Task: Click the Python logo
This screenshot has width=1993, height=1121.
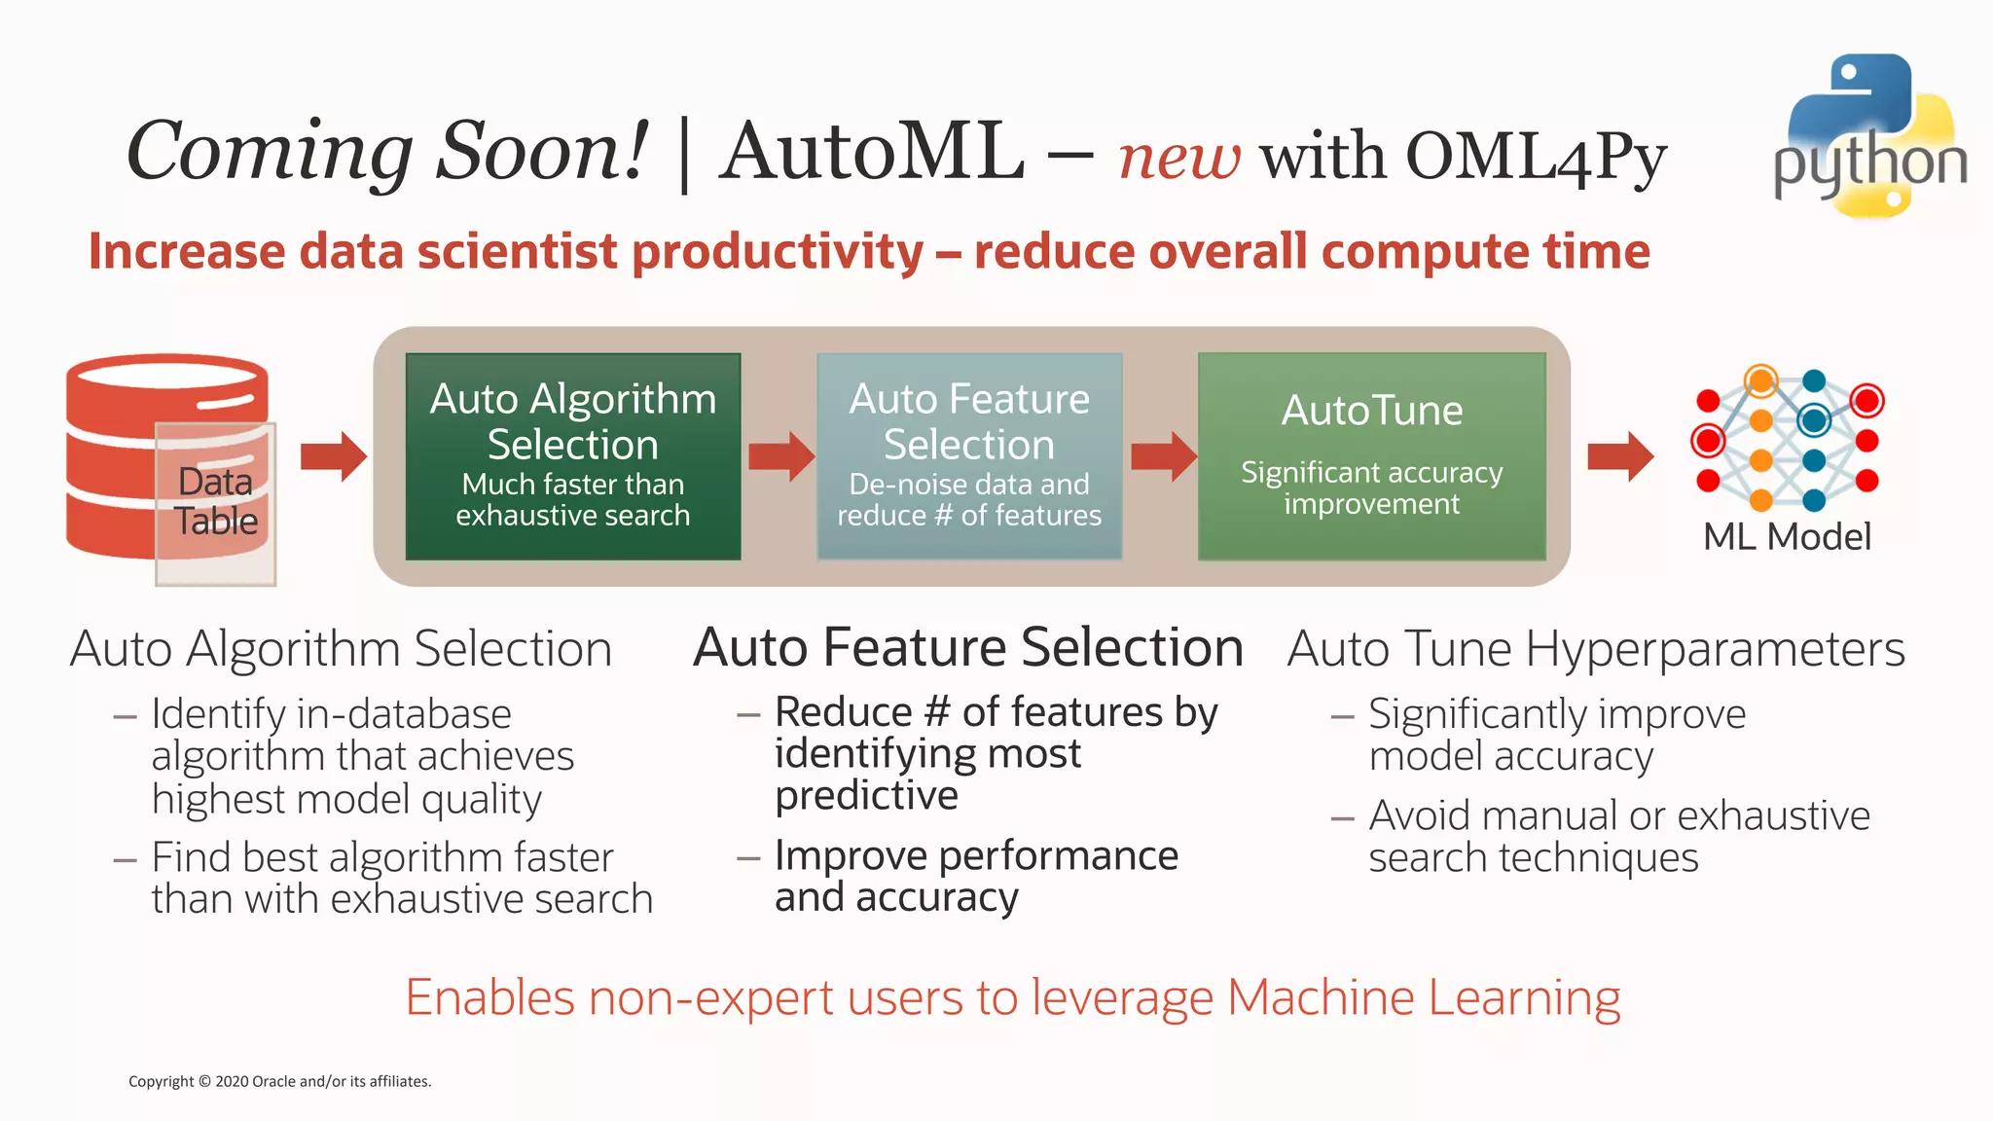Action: click(x=1868, y=136)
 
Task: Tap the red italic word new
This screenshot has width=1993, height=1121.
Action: click(x=1178, y=157)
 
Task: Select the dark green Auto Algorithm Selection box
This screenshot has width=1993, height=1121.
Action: click(x=572, y=455)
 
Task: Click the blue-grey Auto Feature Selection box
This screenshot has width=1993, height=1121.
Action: click(x=969, y=455)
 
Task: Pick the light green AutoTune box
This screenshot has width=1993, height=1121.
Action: click(x=1371, y=455)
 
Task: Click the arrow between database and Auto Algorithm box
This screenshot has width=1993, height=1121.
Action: click(x=334, y=455)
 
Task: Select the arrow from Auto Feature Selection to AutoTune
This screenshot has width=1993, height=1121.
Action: click(x=1163, y=455)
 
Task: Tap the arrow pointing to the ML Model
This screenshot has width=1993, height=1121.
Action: click(x=1619, y=455)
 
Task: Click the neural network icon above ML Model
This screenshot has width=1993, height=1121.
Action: click(x=1788, y=440)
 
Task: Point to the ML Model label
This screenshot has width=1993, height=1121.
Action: click(x=1787, y=536)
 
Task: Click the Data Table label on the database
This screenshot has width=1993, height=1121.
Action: click(x=216, y=501)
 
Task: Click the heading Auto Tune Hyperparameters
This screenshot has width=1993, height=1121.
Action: click(x=1595, y=649)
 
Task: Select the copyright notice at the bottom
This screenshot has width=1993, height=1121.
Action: click(x=279, y=1081)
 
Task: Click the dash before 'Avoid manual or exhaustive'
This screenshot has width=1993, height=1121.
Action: click(x=1342, y=818)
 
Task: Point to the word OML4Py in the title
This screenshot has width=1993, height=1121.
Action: click(x=1536, y=157)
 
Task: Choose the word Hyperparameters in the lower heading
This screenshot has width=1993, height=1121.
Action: click(x=1715, y=649)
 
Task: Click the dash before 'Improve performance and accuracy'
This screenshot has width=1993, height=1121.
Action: click(x=747, y=858)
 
